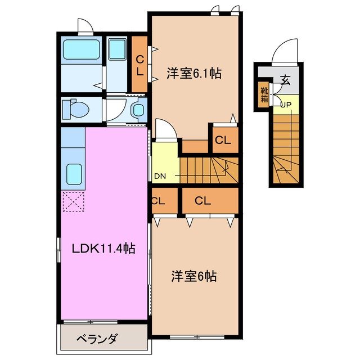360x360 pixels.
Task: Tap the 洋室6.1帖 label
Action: tap(193, 73)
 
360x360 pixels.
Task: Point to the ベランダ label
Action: tap(97, 339)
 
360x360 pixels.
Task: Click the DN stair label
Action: tap(160, 176)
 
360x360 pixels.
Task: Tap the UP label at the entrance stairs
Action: tap(286, 105)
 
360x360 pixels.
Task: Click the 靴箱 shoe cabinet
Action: tap(264, 94)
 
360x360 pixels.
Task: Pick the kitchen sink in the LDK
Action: tap(73, 174)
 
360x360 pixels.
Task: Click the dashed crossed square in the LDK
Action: tap(73, 201)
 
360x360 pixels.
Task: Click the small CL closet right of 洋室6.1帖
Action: tap(223, 141)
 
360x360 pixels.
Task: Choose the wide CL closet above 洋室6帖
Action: tap(203, 200)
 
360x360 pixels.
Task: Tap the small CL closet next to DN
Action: tap(157, 200)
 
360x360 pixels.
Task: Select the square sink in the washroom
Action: tap(118, 51)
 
